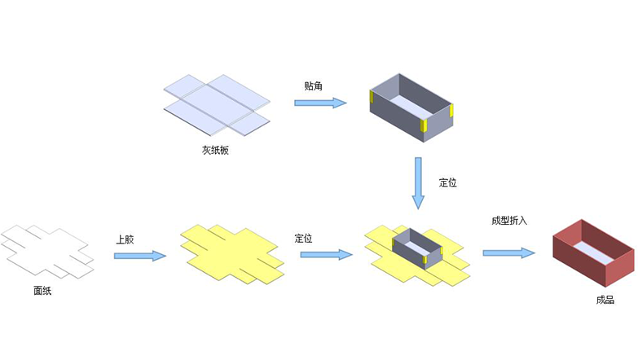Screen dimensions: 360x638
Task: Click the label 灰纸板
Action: (x=216, y=151)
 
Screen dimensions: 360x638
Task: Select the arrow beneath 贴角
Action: (x=320, y=103)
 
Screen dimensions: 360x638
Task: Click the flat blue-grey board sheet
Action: (x=216, y=104)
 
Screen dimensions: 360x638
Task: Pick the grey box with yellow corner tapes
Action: (x=411, y=104)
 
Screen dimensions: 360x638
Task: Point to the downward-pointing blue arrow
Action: (x=419, y=182)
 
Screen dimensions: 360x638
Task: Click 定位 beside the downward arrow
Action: (x=448, y=182)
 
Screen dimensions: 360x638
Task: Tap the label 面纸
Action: (x=42, y=291)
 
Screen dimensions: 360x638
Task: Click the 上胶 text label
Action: (x=125, y=239)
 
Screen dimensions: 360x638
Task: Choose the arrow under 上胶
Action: (x=139, y=256)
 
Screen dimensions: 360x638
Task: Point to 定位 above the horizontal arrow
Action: (x=304, y=239)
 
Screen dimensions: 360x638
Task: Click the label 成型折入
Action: (x=509, y=221)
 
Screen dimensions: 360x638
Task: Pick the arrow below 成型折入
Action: (x=508, y=253)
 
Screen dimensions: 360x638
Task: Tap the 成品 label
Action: (x=605, y=300)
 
